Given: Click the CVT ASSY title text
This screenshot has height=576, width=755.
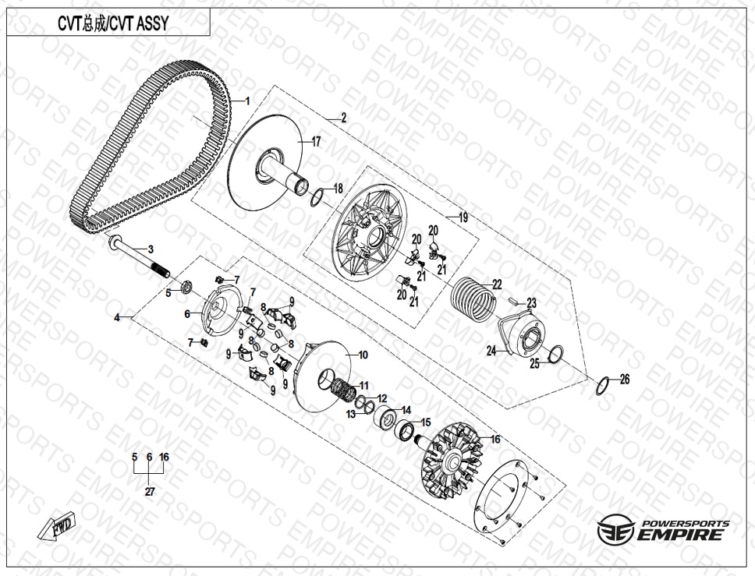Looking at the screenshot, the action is (x=113, y=23).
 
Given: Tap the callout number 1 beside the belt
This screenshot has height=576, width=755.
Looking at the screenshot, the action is (x=247, y=101).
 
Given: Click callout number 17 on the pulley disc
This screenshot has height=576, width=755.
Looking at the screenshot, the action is (x=316, y=142).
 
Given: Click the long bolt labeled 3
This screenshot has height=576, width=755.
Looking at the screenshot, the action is (x=140, y=258).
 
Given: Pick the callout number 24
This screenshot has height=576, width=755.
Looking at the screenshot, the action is (x=491, y=352).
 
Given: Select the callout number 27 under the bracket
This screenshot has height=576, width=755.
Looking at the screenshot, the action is (x=150, y=492).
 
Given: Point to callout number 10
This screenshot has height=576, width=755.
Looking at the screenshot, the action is (x=363, y=355).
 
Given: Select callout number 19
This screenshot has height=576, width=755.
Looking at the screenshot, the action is (x=463, y=217).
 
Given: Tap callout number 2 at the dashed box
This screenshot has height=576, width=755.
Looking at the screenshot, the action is (x=343, y=118).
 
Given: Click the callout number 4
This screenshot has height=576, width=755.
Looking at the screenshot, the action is (x=117, y=317).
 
